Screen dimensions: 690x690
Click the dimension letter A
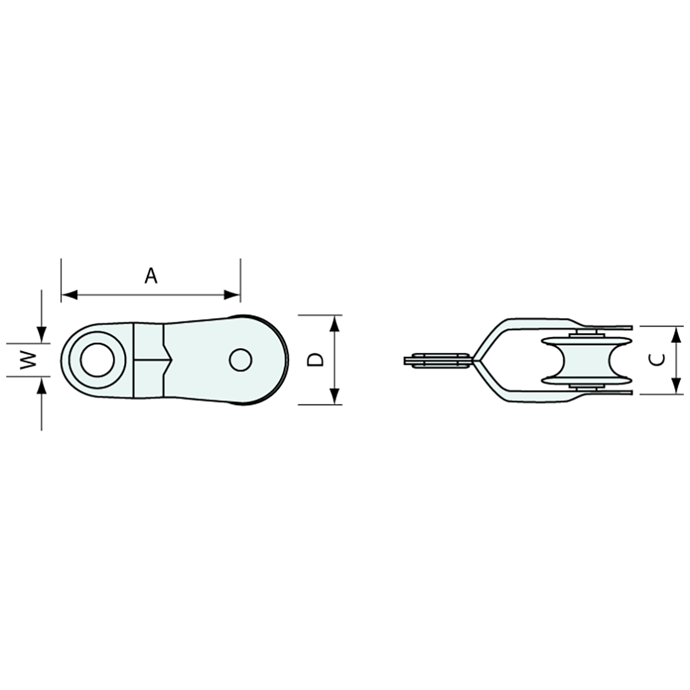coord(151,276)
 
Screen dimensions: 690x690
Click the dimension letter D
coord(315,359)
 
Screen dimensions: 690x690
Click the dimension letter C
coord(657,361)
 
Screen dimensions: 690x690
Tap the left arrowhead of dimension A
coord(69,294)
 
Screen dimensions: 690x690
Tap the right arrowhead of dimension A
coord(232,294)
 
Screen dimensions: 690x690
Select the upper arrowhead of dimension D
coord(335,324)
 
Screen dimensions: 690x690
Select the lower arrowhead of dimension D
coord(335,396)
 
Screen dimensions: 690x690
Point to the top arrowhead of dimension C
coord(677,334)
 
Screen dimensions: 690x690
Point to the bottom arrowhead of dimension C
coord(677,386)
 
